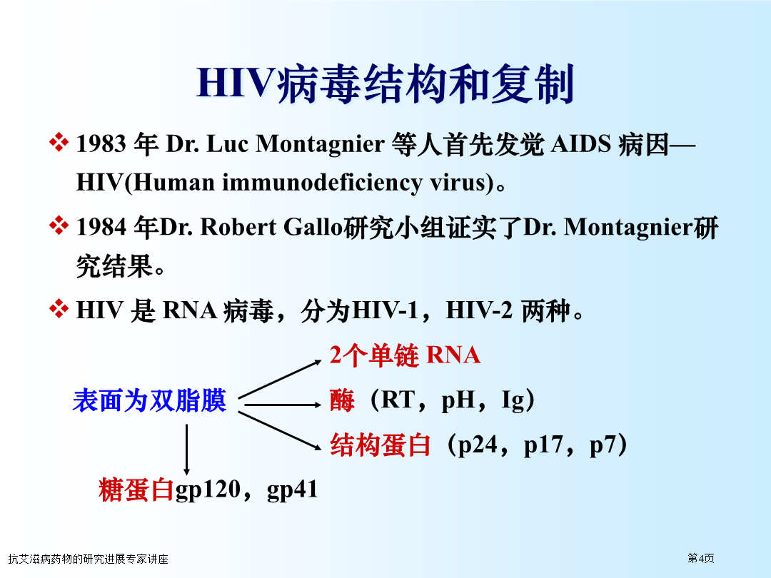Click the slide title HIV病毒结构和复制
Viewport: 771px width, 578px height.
click(x=385, y=83)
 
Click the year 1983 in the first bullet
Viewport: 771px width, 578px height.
click(x=101, y=144)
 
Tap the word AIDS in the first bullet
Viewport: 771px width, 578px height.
click(x=580, y=144)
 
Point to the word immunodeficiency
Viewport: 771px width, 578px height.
click(x=322, y=183)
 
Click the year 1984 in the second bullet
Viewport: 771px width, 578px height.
click(x=102, y=227)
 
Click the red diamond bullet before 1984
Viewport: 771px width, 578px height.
click(x=59, y=225)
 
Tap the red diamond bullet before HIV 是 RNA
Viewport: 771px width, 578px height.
click(x=59, y=309)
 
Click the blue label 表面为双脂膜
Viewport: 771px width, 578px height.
click(x=149, y=400)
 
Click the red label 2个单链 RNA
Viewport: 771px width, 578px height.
click(x=405, y=355)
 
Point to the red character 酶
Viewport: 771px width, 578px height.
click(x=342, y=400)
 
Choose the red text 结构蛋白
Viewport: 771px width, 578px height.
click(x=380, y=445)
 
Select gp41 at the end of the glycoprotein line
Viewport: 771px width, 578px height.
click(x=293, y=490)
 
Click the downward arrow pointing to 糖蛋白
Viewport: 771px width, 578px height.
click(x=186, y=450)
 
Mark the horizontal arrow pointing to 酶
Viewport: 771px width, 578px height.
click(x=283, y=405)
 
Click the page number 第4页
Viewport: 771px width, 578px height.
click(x=701, y=558)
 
